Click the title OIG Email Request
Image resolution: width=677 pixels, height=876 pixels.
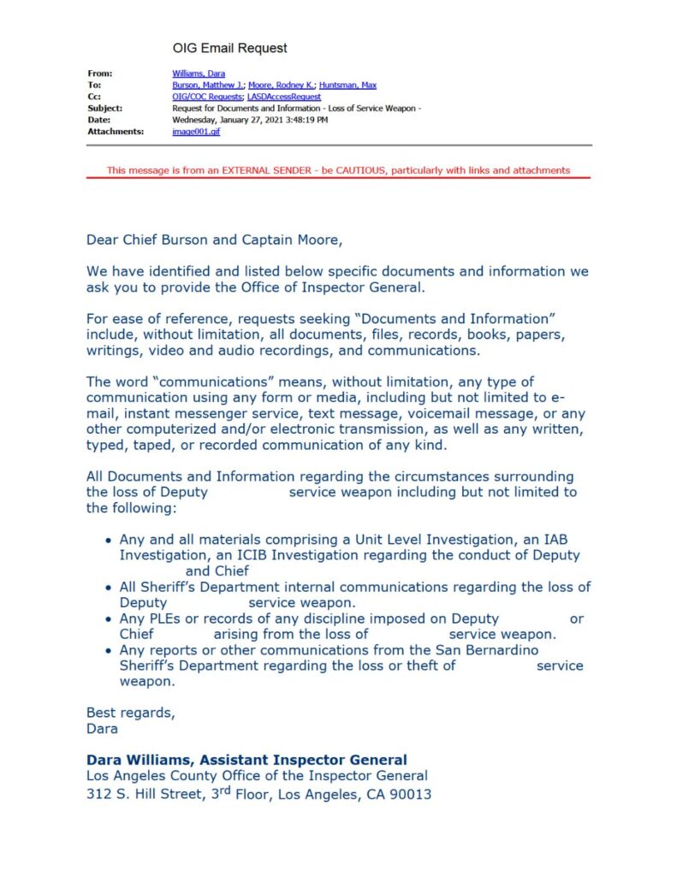(229, 48)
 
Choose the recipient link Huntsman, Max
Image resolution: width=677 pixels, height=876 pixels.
(347, 86)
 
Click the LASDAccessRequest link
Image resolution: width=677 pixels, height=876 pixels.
(279, 98)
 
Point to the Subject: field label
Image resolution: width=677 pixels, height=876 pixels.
(104, 109)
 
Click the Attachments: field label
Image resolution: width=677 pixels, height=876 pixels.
(115, 133)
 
